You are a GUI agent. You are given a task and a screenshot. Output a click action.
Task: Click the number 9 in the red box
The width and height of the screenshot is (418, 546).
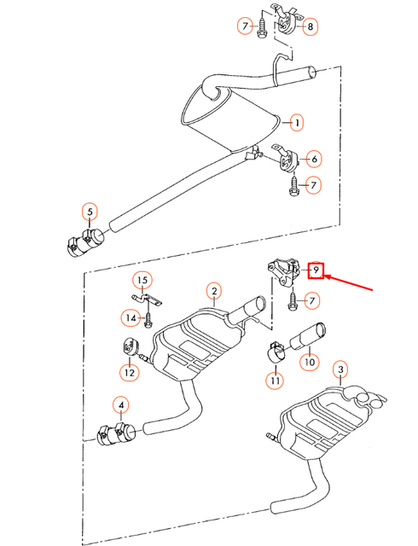pos(316,270)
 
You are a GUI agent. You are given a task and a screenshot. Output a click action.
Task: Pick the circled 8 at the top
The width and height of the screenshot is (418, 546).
pos(311,26)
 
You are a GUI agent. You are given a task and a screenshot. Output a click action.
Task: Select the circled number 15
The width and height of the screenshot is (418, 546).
pos(142,281)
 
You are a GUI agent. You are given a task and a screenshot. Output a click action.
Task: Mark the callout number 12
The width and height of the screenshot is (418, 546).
pos(129,371)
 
